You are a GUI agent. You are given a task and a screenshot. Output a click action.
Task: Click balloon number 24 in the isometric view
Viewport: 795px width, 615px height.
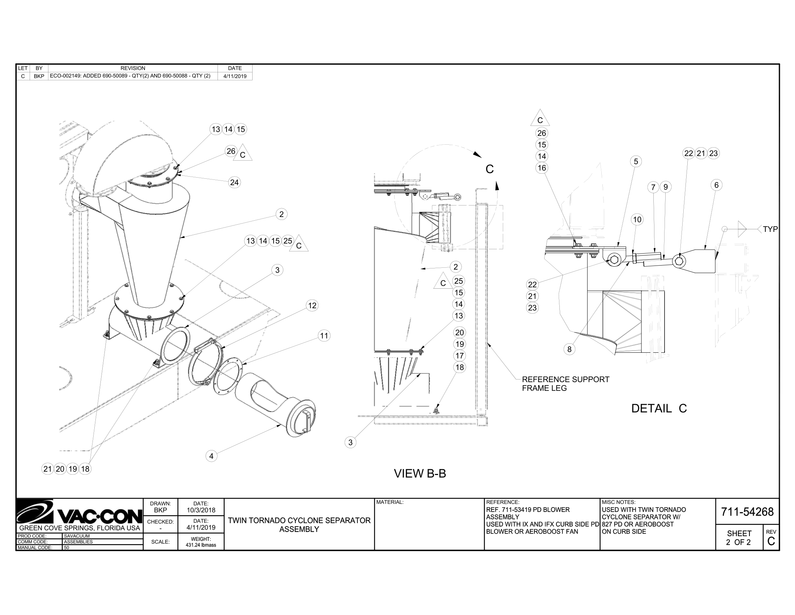coord(234,182)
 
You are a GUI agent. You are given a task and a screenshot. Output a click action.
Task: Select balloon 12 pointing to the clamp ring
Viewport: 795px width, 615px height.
coord(312,305)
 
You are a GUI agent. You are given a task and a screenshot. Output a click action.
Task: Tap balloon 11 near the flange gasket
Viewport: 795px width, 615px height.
coord(324,336)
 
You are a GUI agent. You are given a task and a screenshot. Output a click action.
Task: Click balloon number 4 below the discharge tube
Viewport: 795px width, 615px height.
coord(211,456)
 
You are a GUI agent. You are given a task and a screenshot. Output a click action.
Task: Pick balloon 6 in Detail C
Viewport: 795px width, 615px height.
coord(716,185)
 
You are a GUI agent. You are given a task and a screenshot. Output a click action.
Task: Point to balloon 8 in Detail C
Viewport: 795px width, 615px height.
coord(569,349)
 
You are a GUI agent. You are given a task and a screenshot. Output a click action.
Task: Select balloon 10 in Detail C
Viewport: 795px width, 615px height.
coord(637,219)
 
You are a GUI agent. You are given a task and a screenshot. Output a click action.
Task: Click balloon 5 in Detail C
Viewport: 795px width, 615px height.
coord(636,161)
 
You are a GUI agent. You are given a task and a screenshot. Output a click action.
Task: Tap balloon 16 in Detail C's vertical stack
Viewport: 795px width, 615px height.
coord(542,167)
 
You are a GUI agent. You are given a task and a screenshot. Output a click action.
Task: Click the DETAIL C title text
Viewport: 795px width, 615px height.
coord(659,408)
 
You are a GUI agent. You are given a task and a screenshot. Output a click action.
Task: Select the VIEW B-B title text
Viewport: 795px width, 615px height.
coord(420,473)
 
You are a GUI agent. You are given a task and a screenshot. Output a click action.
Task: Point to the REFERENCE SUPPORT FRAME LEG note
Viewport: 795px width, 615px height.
coord(565,383)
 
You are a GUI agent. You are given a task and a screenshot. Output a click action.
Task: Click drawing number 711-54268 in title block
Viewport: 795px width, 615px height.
coord(747,512)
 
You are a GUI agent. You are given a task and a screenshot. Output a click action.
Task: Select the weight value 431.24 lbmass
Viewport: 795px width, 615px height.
coord(201,545)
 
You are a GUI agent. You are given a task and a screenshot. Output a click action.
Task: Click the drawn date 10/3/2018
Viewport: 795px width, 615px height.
coord(201,510)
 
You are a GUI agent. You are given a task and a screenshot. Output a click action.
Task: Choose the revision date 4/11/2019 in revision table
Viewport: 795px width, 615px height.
coord(235,76)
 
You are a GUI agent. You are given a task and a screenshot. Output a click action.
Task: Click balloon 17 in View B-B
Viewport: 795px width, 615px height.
coord(459,356)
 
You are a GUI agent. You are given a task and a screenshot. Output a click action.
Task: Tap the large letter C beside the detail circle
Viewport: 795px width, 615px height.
coord(490,169)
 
